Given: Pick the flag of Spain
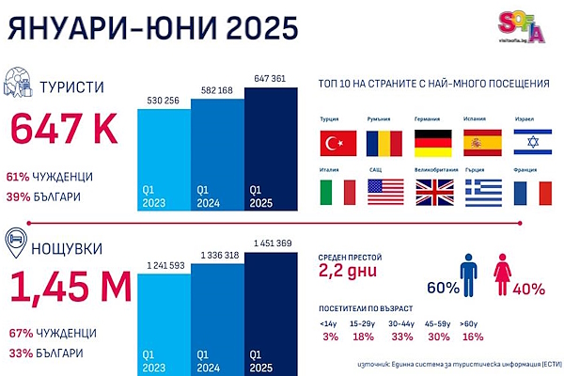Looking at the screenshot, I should [483, 143].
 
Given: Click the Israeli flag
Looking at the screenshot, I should [532, 143].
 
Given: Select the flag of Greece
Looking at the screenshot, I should [483, 192].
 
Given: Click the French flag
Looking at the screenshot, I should [532, 192].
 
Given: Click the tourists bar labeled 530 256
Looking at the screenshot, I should [164, 154].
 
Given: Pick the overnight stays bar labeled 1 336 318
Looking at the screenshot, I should [217, 305].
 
